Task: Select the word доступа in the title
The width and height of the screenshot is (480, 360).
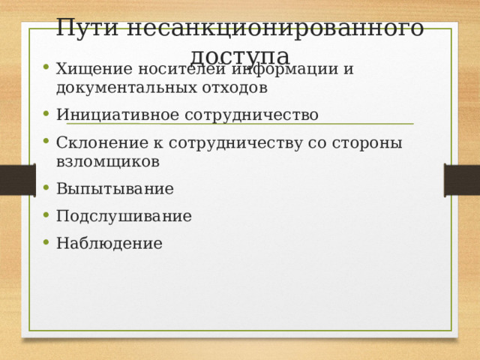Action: [240, 55]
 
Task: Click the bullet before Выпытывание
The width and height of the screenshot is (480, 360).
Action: [47, 187]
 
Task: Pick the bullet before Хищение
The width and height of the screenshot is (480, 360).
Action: [47, 68]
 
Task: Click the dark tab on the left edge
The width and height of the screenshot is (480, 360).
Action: [17, 180]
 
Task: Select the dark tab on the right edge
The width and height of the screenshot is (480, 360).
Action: [462, 180]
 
